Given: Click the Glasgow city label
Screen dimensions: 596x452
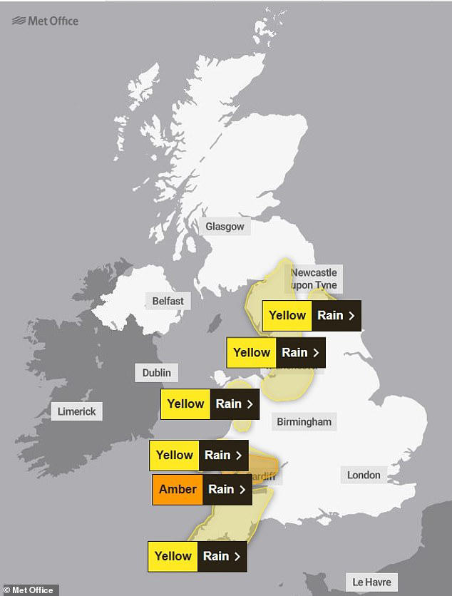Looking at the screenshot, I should [x=225, y=227].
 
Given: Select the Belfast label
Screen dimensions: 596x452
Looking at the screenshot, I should [x=168, y=301].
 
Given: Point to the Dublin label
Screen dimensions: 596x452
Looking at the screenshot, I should [x=156, y=372].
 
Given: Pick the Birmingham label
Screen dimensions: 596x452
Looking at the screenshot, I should [x=304, y=421].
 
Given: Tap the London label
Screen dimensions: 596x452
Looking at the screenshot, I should [x=364, y=475].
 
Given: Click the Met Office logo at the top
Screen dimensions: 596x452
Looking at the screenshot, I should [x=45, y=21].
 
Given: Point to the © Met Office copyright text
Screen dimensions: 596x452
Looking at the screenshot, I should [x=29, y=590].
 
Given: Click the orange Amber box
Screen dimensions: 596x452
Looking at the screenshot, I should [x=178, y=490].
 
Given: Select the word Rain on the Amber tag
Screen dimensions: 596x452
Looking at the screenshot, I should [x=221, y=490].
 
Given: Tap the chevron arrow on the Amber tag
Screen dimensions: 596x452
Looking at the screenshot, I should [x=242, y=490].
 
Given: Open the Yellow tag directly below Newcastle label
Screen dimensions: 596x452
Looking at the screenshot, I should [x=287, y=316].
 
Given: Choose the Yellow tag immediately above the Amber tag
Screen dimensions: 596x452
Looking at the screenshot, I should [x=175, y=455].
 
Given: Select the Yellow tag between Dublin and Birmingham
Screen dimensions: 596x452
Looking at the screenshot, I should [x=185, y=404].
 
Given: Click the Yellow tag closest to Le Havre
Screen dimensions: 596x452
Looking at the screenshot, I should [x=173, y=556].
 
